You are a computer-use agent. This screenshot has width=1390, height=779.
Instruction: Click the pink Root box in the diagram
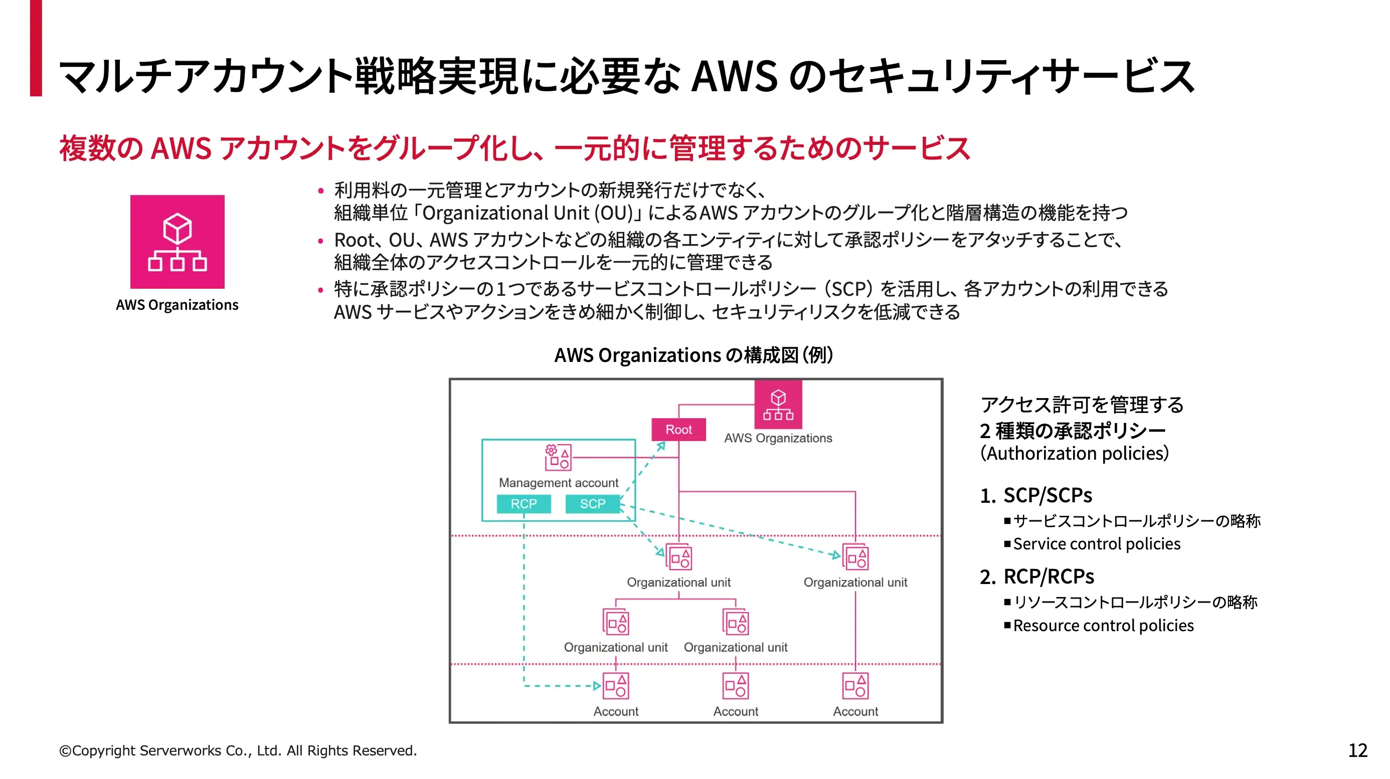(x=678, y=430)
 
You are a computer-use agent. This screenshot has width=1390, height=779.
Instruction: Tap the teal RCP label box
(x=524, y=503)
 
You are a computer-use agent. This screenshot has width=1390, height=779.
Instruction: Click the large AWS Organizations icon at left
(x=177, y=242)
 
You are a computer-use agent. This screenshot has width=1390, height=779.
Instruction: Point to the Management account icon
(x=558, y=457)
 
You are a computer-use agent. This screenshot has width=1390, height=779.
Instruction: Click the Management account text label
(x=559, y=482)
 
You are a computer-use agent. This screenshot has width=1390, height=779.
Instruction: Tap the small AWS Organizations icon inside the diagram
(x=778, y=405)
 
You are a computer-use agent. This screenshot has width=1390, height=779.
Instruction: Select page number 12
(x=1357, y=750)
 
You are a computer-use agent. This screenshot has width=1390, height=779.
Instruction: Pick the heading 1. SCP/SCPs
(x=1036, y=495)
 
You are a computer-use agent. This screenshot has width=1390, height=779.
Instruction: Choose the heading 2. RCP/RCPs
(x=1036, y=576)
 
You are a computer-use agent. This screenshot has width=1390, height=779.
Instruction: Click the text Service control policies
(x=1097, y=544)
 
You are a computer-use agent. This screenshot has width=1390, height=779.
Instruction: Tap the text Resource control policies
(x=1103, y=625)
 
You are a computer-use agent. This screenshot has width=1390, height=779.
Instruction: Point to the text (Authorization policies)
(x=1074, y=453)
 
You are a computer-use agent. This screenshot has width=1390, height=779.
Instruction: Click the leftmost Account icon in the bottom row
(x=616, y=686)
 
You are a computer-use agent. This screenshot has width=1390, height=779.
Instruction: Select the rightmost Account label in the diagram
(x=855, y=711)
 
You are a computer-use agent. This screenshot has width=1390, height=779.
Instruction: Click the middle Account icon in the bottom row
(x=736, y=686)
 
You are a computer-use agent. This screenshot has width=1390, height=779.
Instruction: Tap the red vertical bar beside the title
(x=36, y=49)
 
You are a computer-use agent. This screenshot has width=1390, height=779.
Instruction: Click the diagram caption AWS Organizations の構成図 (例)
(x=694, y=355)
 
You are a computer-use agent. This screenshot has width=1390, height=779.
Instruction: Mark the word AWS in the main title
(x=735, y=76)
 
